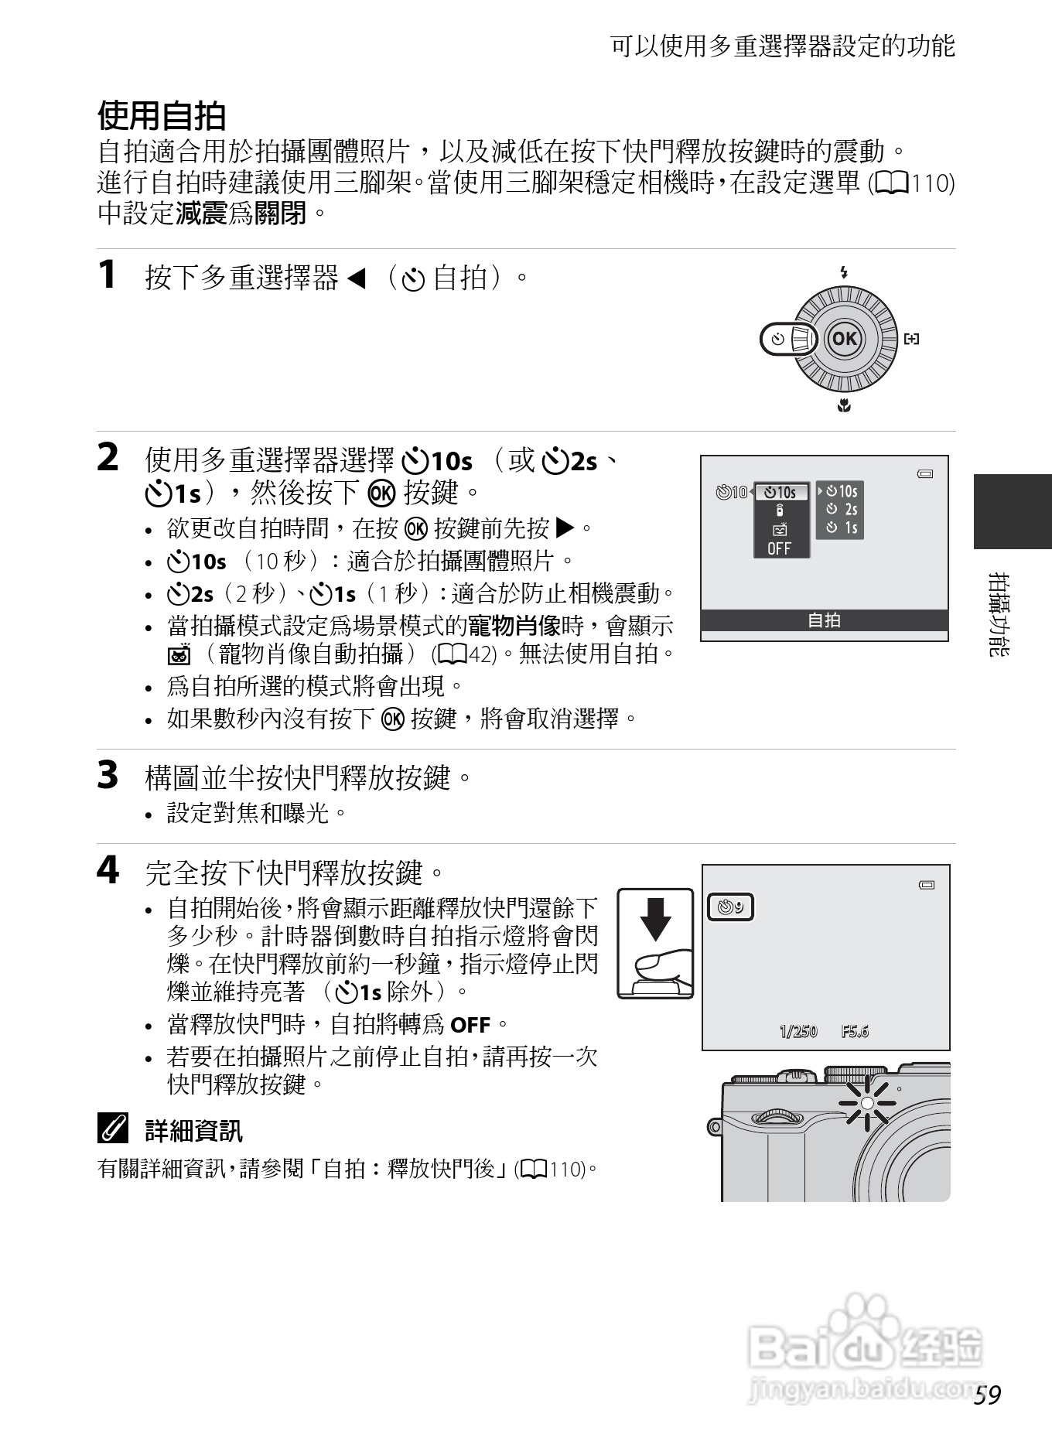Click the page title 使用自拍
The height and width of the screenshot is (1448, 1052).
(162, 116)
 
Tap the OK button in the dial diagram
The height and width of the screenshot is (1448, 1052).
(844, 338)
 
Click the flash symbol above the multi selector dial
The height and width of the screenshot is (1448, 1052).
(844, 272)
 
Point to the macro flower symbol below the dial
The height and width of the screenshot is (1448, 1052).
(844, 405)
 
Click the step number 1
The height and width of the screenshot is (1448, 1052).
(108, 275)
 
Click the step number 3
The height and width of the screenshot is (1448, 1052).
(108, 775)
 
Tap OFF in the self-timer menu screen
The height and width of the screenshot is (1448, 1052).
(779, 548)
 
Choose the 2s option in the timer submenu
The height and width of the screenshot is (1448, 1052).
(842, 509)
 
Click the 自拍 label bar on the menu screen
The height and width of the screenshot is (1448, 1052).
(824, 620)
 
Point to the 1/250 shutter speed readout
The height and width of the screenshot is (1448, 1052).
(798, 1031)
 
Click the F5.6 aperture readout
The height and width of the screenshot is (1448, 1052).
(855, 1031)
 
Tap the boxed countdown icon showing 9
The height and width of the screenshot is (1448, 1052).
(731, 907)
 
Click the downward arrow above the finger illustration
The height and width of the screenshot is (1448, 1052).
(656, 919)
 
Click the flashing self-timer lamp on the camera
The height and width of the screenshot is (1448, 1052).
(867, 1102)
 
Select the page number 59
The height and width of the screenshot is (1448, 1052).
(988, 1395)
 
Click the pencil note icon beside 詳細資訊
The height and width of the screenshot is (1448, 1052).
(113, 1130)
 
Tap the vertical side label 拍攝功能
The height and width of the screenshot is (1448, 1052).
(999, 614)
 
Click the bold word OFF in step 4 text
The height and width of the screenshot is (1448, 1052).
(470, 1026)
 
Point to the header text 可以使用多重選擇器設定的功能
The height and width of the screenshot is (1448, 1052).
(783, 46)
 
